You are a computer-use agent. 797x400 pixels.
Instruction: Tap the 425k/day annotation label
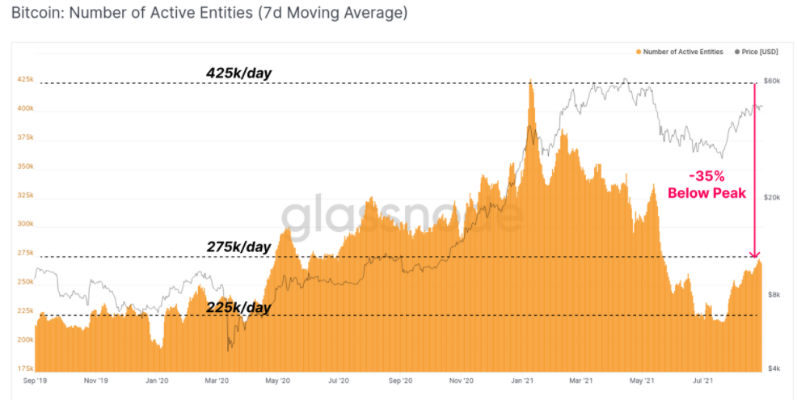(x=238, y=74)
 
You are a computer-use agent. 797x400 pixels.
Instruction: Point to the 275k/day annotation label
(x=238, y=246)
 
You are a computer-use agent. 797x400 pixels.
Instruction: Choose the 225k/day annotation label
(x=238, y=307)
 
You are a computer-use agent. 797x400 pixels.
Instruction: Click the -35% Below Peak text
(x=706, y=184)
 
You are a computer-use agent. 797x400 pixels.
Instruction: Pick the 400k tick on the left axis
(x=25, y=108)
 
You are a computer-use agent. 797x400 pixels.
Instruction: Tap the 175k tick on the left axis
(x=25, y=368)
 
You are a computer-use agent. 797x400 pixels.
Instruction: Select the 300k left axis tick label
(x=25, y=224)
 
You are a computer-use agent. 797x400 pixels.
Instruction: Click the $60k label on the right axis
(x=773, y=82)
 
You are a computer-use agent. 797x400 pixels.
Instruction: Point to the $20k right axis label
(x=773, y=198)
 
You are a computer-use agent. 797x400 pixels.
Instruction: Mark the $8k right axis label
(x=772, y=295)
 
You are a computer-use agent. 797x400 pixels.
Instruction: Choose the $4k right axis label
(x=772, y=368)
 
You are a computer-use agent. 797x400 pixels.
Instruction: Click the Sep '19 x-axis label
(x=35, y=380)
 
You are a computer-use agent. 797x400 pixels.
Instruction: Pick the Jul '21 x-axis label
(x=702, y=380)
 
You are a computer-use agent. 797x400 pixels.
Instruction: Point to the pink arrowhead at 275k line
(x=754, y=255)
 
